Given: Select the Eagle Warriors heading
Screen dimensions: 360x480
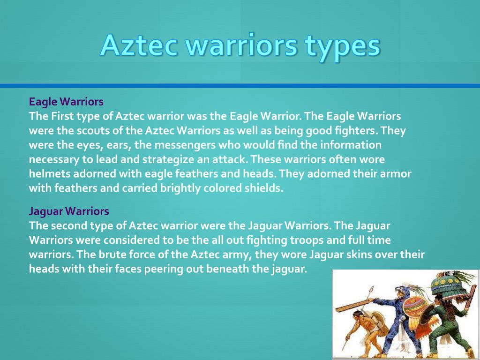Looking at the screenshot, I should coord(66,101).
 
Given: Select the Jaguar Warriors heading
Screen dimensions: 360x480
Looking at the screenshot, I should coord(69,211).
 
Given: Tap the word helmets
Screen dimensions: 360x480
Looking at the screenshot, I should coord(48,174).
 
